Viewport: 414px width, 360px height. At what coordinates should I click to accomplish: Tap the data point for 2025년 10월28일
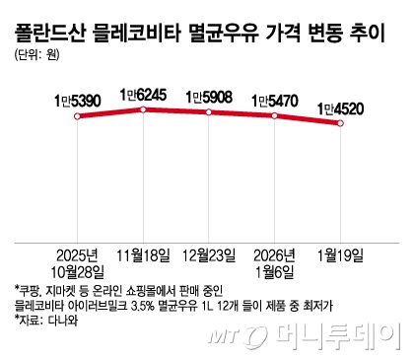pyautogui.click(x=75, y=116)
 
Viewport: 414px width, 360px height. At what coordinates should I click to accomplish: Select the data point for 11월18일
pyautogui.click(x=143, y=108)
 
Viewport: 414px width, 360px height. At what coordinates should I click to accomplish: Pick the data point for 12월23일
pyautogui.click(x=208, y=112)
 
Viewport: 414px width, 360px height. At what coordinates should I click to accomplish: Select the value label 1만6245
pyautogui.click(x=144, y=94)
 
